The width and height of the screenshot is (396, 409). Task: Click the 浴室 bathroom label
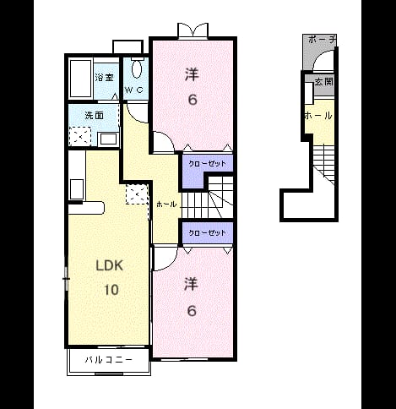(x=104, y=77)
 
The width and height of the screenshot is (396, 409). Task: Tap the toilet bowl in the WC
(x=137, y=68)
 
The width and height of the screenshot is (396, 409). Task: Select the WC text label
(x=134, y=90)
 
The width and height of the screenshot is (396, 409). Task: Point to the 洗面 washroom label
(x=95, y=115)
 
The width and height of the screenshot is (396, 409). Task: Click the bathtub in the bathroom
(x=80, y=78)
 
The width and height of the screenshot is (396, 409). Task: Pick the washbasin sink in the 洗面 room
(x=108, y=139)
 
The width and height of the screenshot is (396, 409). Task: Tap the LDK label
(x=110, y=265)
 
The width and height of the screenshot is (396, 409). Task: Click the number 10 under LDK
(x=111, y=290)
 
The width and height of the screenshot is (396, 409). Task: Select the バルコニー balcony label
(x=109, y=360)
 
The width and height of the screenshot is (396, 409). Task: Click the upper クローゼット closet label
(x=207, y=164)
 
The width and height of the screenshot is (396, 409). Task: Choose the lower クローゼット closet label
(x=207, y=233)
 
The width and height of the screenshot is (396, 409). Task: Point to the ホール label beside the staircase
(x=166, y=204)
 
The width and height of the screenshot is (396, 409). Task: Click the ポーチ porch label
(x=323, y=40)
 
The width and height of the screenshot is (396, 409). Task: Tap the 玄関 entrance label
(x=324, y=82)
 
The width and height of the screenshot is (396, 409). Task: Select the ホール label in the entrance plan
(x=318, y=116)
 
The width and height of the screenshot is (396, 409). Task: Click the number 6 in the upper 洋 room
(x=193, y=100)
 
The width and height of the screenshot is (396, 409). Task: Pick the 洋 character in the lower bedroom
(x=192, y=284)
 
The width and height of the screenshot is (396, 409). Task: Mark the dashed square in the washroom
(x=80, y=137)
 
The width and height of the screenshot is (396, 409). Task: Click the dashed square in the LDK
(x=137, y=194)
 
